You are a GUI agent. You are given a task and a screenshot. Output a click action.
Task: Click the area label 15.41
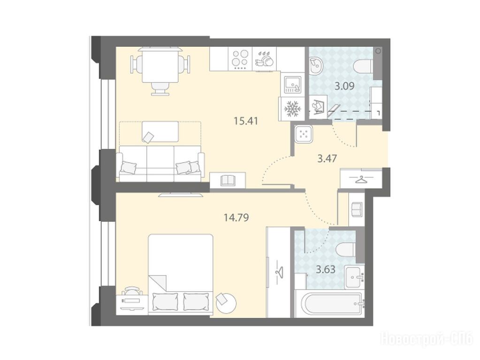point(246,121)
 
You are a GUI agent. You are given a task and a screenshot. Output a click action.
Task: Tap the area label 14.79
point(236,218)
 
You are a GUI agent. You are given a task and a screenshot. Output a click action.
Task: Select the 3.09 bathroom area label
point(344,86)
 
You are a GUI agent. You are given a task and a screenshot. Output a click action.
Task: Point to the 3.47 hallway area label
point(327,158)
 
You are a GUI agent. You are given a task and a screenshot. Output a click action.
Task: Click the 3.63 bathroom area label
point(326,270)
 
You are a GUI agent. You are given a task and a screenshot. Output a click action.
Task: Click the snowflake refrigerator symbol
point(293,109)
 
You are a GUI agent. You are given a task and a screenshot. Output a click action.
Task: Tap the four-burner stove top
point(240,59)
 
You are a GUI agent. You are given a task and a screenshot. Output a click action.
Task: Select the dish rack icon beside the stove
point(264,59)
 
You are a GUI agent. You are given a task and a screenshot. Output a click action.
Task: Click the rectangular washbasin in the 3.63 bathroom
point(355,277)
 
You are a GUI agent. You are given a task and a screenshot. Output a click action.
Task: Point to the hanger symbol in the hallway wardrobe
point(361,179)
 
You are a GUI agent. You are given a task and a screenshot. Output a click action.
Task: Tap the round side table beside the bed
point(226,302)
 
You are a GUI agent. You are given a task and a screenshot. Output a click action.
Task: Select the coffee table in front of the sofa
point(160,132)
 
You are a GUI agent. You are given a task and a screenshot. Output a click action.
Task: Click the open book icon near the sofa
point(228,180)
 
